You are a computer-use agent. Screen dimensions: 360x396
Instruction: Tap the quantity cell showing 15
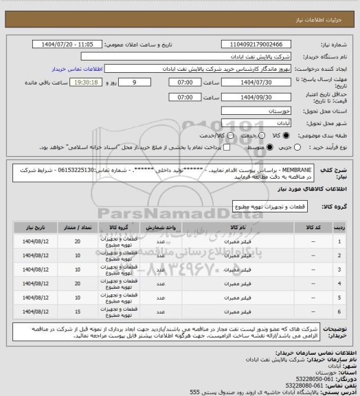point(77,313)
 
